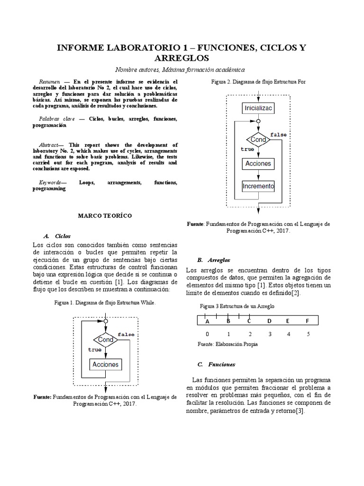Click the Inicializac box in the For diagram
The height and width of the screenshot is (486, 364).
click(258, 108)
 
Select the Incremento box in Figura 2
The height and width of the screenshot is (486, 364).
click(258, 186)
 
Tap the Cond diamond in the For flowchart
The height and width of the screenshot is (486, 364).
click(258, 140)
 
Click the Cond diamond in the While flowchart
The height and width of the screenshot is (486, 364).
click(105, 340)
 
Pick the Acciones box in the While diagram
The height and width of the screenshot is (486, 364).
click(105, 364)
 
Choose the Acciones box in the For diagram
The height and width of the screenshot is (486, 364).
click(258, 163)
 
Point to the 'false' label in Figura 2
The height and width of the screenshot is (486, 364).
click(278, 135)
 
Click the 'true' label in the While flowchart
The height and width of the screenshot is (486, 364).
click(94, 349)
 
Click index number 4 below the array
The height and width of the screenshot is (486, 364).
click(289, 334)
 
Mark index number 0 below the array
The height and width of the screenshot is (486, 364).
click(207, 334)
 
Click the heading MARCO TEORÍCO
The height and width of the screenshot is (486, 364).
click(105, 215)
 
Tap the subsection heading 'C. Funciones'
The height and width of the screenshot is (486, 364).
click(216, 364)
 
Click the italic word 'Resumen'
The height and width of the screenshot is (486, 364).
click(49, 82)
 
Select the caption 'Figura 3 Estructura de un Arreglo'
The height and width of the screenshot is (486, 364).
click(237, 306)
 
